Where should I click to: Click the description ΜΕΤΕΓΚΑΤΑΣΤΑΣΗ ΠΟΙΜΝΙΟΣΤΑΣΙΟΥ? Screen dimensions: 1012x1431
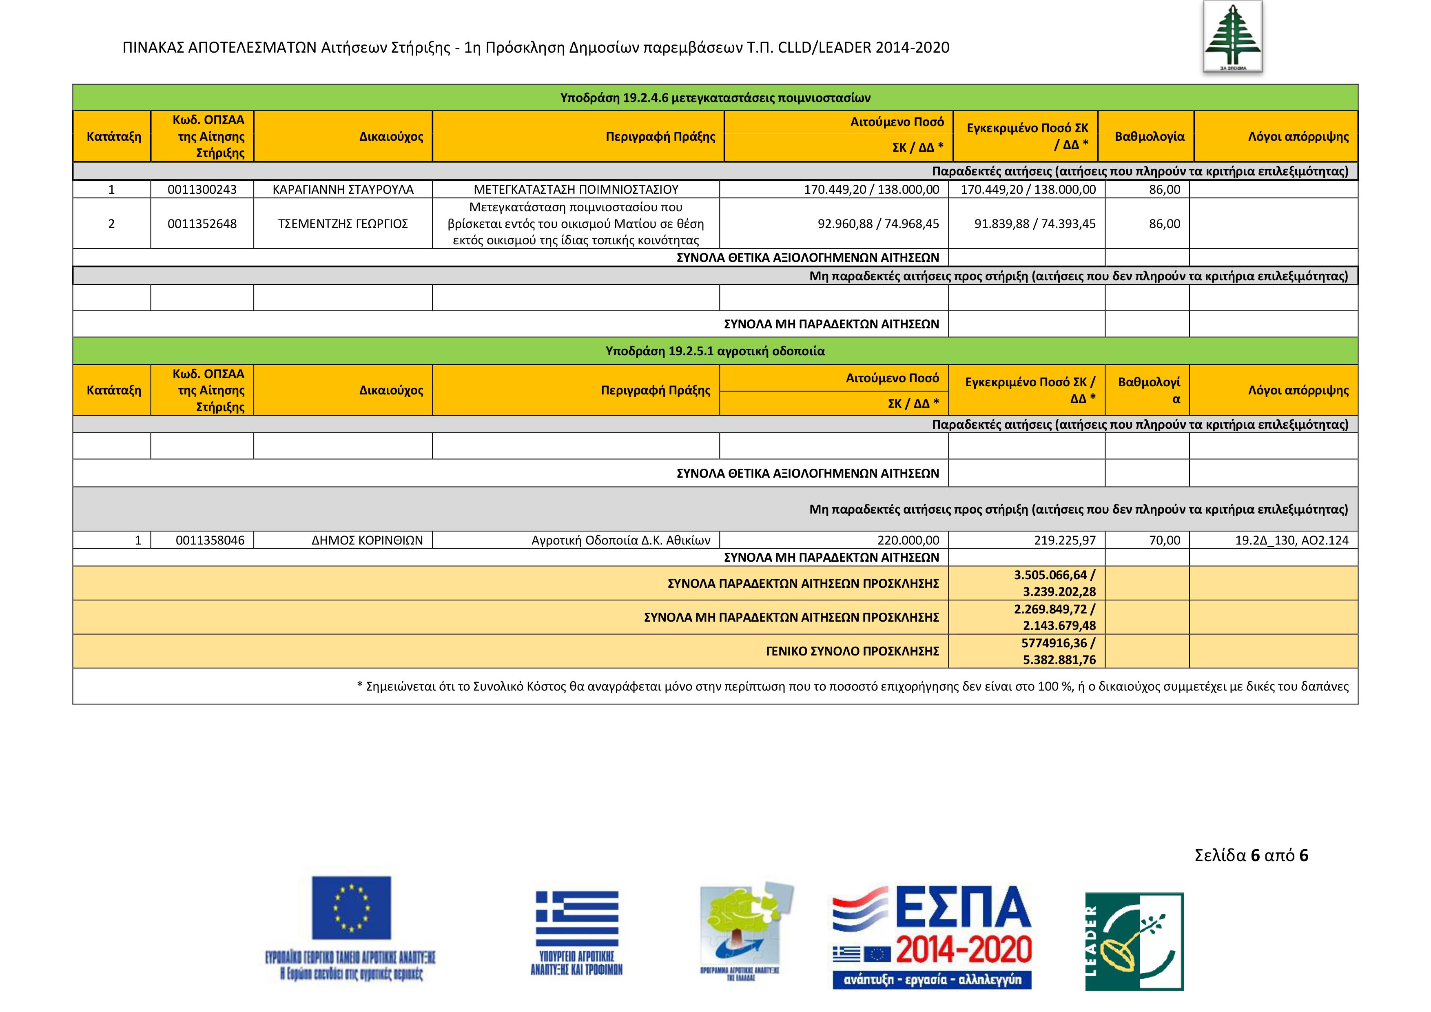pos(576,189)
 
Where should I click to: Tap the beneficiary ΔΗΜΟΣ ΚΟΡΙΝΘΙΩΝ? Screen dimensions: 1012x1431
pos(367,540)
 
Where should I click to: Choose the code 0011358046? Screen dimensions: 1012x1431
pos(210,540)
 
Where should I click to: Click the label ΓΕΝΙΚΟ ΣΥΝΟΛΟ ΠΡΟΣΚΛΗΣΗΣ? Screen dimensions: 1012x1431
pos(852,651)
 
